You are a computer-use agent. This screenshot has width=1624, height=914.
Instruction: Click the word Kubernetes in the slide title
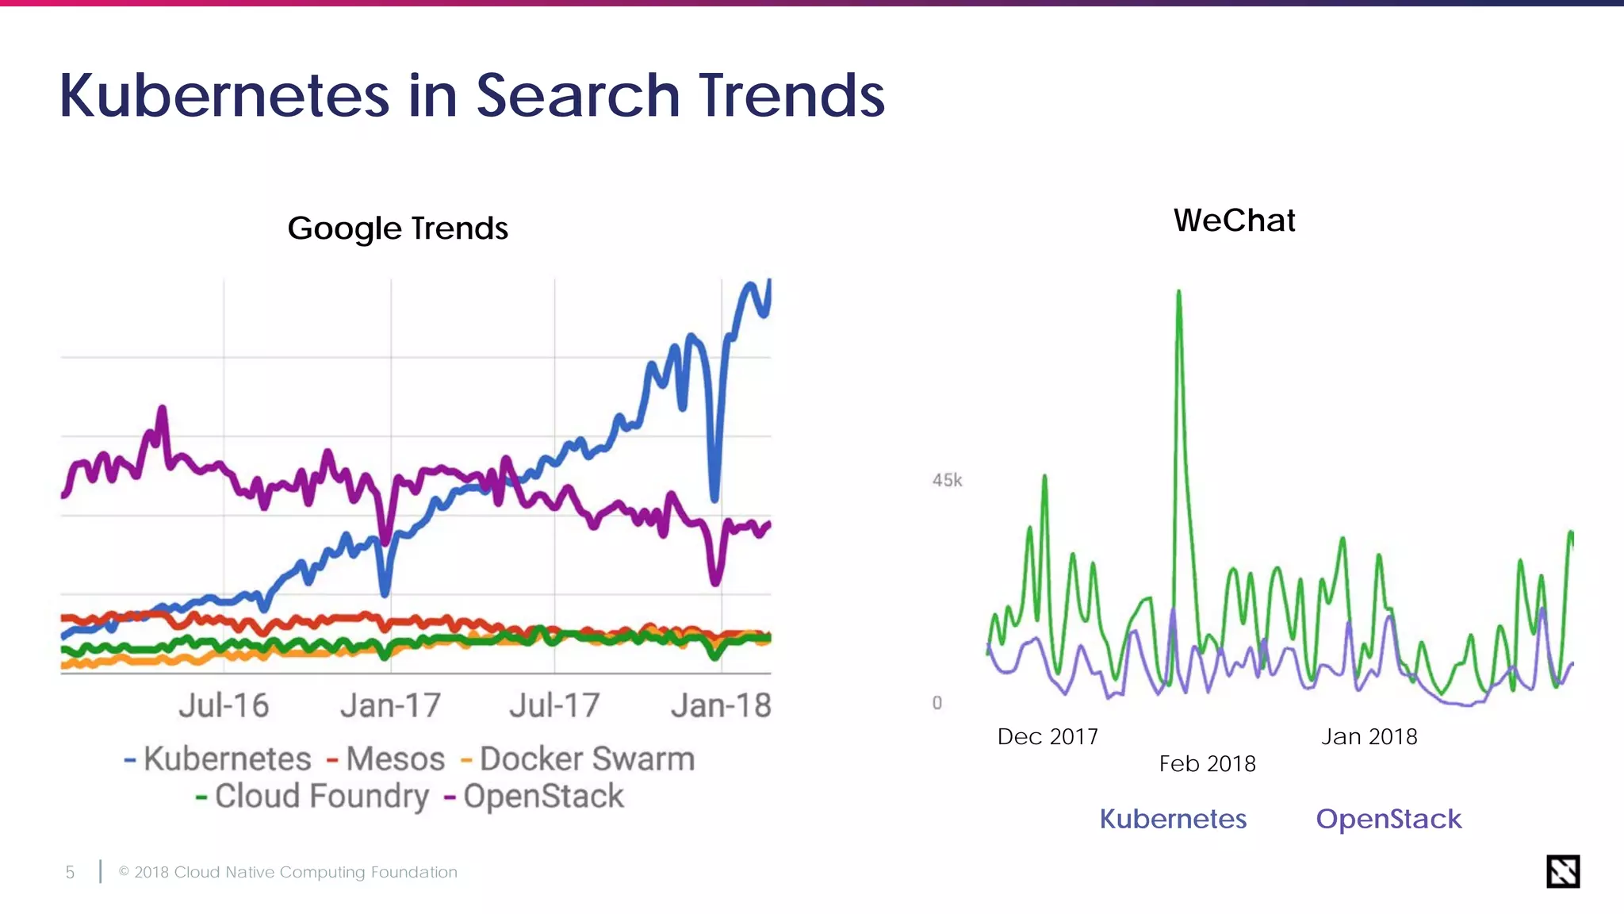[x=224, y=96]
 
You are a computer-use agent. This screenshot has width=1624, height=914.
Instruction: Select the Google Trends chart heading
[x=397, y=228]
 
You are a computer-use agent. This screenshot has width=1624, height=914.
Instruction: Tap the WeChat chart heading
[x=1234, y=221]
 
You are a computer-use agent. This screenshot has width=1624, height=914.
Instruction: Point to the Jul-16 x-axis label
[x=224, y=705]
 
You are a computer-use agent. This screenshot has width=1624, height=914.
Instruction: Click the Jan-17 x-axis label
[x=390, y=705]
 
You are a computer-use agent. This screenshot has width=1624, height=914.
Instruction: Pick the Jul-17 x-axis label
[x=554, y=705]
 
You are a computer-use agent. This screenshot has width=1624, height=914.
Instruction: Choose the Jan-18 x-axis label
[x=721, y=705]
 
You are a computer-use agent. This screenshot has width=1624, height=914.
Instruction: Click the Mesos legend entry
[x=394, y=759]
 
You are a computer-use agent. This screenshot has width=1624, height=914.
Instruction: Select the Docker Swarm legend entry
[x=586, y=759]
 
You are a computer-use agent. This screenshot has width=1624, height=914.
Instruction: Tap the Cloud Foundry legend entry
[x=321, y=797]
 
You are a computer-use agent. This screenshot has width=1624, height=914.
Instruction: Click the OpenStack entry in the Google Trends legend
[x=543, y=797]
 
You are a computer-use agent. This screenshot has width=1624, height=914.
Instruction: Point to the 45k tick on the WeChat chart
[x=947, y=480]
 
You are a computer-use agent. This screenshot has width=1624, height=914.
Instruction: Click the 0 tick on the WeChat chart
[x=937, y=703]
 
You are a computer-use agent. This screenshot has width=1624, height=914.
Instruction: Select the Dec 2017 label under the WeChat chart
[x=1048, y=737]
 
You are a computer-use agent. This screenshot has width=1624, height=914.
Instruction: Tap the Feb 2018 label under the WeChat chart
[x=1207, y=764]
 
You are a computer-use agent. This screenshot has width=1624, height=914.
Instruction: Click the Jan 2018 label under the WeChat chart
[x=1369, y=737]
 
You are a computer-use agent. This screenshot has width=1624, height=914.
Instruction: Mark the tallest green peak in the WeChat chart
[x=1179, y=294]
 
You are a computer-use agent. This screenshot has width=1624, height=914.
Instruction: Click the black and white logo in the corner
[x=1563, y=871]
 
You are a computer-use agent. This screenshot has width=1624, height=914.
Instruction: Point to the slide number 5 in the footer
[x=70, y=873]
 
